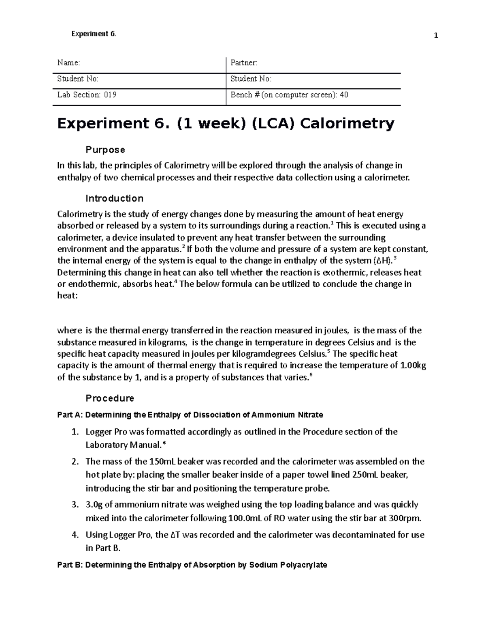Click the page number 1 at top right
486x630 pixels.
[x=436, y=36]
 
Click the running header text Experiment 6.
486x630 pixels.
[x=94, y=34]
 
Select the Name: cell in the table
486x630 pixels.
[x=69, y=63]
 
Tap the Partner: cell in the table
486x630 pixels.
[x=244, y=63]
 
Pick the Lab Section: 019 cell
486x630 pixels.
[x=87, y=95]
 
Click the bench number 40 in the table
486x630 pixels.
[x=344, y=95]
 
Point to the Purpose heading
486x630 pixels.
[x=105, y=150]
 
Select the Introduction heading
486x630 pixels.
[x=115, y=198]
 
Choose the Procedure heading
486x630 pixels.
[x=110, y=398]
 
